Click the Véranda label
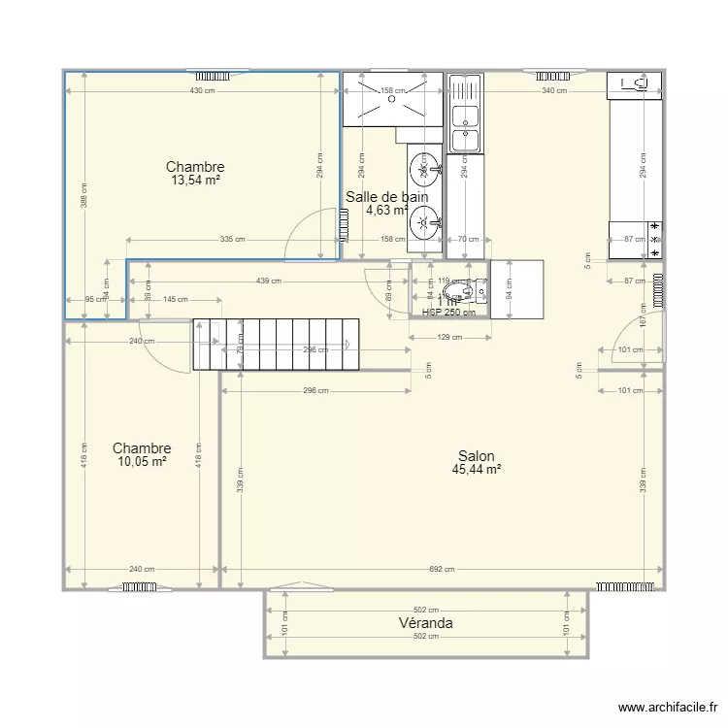pos(425,623)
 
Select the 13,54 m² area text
pos(195,181)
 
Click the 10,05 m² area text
pos(142,462)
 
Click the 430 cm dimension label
pos(202,91)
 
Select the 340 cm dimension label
pos(554,91)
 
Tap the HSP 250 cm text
pos(448,313)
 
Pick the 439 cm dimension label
pos(269,281)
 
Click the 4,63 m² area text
pos(386,210)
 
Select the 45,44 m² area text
pos(476,470)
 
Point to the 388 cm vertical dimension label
pos(84,197)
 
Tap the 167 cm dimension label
pos(643,315)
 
